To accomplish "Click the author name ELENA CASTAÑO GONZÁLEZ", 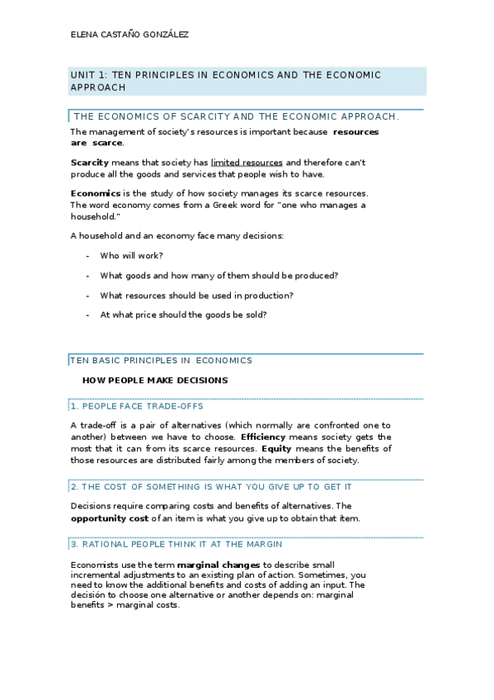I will click(x=129, y=35).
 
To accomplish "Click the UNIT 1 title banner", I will click(x=225, y=80).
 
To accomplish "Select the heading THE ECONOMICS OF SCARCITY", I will click(x=236, y=116).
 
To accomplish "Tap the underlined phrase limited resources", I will click(x=247, y=163).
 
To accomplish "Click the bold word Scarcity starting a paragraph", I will click(x=89, y=163).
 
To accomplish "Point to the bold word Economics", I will click(x=96, y=193).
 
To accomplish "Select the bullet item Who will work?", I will click(x=131, y=256).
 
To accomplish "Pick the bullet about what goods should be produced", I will click(x=219, y=276).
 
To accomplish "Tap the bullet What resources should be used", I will click(x=196, y=296).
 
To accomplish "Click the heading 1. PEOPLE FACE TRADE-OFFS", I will click(x=136, y=406).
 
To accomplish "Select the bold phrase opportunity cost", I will click(x=109, y=518).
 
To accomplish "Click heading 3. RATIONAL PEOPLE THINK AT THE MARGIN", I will click(x=176, y=544).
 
